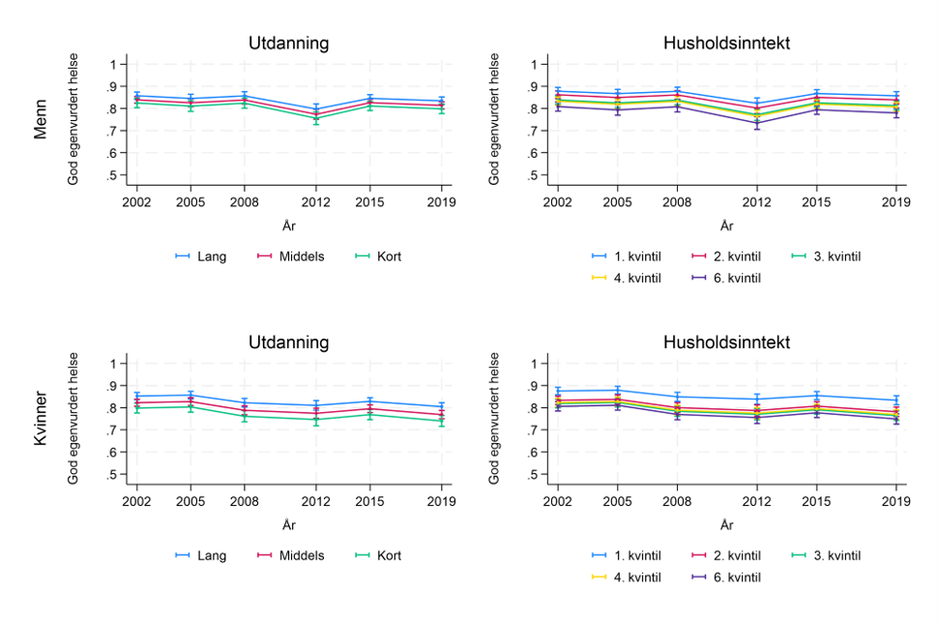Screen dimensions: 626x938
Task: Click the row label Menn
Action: pos(41,121)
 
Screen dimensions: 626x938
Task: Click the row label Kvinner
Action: pos(41,420)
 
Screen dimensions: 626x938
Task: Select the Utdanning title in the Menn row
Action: pos(288,44)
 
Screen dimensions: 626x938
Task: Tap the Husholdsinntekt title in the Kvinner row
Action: pos(726,343)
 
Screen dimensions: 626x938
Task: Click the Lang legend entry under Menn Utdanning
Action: pos(200,256)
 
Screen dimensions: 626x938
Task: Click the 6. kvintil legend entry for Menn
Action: pos(724,278)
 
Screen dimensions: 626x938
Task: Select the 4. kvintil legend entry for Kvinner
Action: pos(626,577)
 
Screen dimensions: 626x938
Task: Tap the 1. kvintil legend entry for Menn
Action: pos(626,256)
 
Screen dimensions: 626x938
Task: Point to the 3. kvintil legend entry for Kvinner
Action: pos(824,555)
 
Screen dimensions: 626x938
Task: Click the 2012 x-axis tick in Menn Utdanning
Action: pos(316,201)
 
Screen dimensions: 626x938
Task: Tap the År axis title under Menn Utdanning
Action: pos(288,225)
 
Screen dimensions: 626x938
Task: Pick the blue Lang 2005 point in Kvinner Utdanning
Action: pos(191,394)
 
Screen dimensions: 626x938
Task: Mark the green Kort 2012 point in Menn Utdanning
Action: pos(316,119)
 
